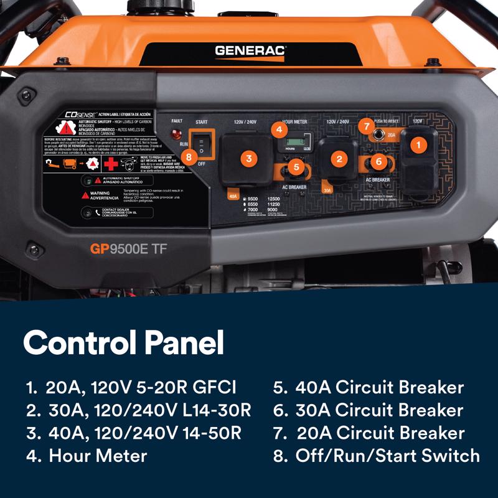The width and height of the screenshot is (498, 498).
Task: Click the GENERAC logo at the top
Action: click(250, 51)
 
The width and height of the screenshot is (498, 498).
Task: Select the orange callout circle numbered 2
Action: click(339, 159)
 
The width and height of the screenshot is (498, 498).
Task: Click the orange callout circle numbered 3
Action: click(249, 158)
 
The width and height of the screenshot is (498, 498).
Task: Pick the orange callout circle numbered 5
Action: click(296, 167)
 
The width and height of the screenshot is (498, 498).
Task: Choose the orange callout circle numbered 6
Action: click(377, 161)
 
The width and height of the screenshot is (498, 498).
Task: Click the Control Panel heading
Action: click(123, 343)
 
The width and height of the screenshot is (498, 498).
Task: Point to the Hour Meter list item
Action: click(87, 456)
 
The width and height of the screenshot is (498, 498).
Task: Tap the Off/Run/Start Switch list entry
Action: click(377, 456)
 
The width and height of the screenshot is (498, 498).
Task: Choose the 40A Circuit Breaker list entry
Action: click(369, 387)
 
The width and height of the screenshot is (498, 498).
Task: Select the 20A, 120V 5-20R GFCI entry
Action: click(131, 387)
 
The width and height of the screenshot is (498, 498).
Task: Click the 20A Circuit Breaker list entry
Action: click(369, 433)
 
